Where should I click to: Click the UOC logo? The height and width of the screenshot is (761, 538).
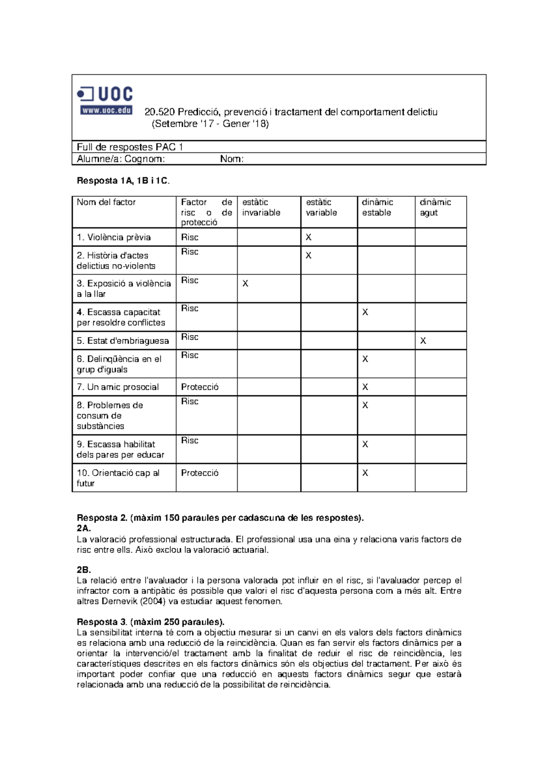coord(106,95)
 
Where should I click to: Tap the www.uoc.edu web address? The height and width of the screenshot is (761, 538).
coord(106,110)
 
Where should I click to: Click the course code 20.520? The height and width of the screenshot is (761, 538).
coord(159,112)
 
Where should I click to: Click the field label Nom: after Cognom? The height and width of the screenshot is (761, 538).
coord(232,159)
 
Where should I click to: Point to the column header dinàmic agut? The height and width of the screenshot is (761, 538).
coord(435,208)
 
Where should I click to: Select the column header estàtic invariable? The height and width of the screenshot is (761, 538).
coord(261,208)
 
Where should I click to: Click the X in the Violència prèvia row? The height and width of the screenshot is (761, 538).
coord(308,238)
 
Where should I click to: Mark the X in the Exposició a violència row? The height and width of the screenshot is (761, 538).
coord(245,284)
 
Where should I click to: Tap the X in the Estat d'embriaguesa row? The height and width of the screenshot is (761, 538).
coord(423,341)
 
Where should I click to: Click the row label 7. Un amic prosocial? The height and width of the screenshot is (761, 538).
coord(117,387)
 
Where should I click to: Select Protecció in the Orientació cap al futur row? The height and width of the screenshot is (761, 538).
coord(200,473)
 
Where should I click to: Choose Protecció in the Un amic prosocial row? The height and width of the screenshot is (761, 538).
coord(200,387)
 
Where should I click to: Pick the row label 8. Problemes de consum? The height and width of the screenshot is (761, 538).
coord(109,415)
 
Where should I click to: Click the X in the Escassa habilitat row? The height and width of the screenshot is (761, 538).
coord(365,444)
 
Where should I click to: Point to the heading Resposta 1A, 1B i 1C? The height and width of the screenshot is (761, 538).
coord(123,181)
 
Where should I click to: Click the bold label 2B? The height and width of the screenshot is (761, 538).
coord(83,570)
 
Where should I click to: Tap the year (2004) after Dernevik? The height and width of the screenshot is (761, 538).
coord(152,601)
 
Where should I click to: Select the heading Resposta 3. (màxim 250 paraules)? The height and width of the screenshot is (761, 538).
coord(150,622)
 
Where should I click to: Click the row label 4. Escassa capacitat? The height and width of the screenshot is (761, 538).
coord(120,317)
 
